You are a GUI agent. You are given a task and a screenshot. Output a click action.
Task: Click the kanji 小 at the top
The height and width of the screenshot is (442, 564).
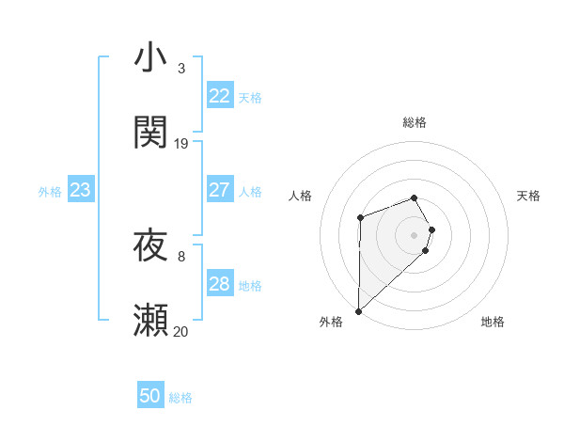pyautogui.click(x=151, y=58)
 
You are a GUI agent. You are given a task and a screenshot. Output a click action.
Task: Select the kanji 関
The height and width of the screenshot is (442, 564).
pyautogui.click(x=151, y=133)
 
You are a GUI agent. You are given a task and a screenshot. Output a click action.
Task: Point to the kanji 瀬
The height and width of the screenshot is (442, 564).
pyautogui.click(x=151, y=321)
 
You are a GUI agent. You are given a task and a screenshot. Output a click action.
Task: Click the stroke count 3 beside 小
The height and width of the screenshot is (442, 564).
pyautogui.click(x=181, y=69)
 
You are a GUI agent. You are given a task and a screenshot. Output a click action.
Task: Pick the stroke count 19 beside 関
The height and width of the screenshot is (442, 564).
pyautogui.click(x=181, y=144)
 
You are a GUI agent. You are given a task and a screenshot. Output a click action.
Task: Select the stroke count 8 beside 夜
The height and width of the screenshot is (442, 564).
pyautogui.click(x=181, y=256)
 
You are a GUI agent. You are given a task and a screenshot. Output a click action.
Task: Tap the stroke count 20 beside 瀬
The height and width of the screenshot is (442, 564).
pyautogui.click(x=181, y=331)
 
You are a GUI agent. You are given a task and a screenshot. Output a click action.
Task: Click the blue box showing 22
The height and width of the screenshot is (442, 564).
pyautogui.click(x=220, y=96)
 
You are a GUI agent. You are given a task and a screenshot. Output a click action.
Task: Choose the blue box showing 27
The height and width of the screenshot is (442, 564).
pyautogui.click(x=220, y=190)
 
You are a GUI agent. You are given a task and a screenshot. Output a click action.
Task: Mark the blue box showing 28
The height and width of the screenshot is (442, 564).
pyautogui.click(x=220, y=284)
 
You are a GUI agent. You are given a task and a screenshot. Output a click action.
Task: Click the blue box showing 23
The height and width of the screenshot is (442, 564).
pyautogui.click(x=81, y=190)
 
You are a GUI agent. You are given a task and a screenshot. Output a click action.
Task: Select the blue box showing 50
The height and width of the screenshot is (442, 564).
pyautogui.click(x=150, y=396)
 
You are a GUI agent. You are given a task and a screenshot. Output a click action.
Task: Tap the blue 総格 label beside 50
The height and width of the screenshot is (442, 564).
pyautogui.click(x=180, y=398)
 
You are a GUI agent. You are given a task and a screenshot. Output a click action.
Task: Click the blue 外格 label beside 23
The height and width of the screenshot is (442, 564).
pyautogui.click(x=50, y=192)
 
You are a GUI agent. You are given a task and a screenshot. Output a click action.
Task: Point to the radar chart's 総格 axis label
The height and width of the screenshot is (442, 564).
pyautogui.click(x=415, y=122)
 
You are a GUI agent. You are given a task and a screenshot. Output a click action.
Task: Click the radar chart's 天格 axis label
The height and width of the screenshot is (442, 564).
pyautogui.click(x=529, y=196)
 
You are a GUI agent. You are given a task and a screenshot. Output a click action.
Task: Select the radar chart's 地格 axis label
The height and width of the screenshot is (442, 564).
pyautogui.click(x=493, y=322)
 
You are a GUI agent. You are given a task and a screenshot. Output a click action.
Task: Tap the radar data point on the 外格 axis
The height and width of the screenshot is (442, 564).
pyautogui.click(x=358, y=310)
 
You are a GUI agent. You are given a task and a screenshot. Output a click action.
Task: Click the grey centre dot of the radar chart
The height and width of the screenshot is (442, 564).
pyautogui.click(x=415, y=233)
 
